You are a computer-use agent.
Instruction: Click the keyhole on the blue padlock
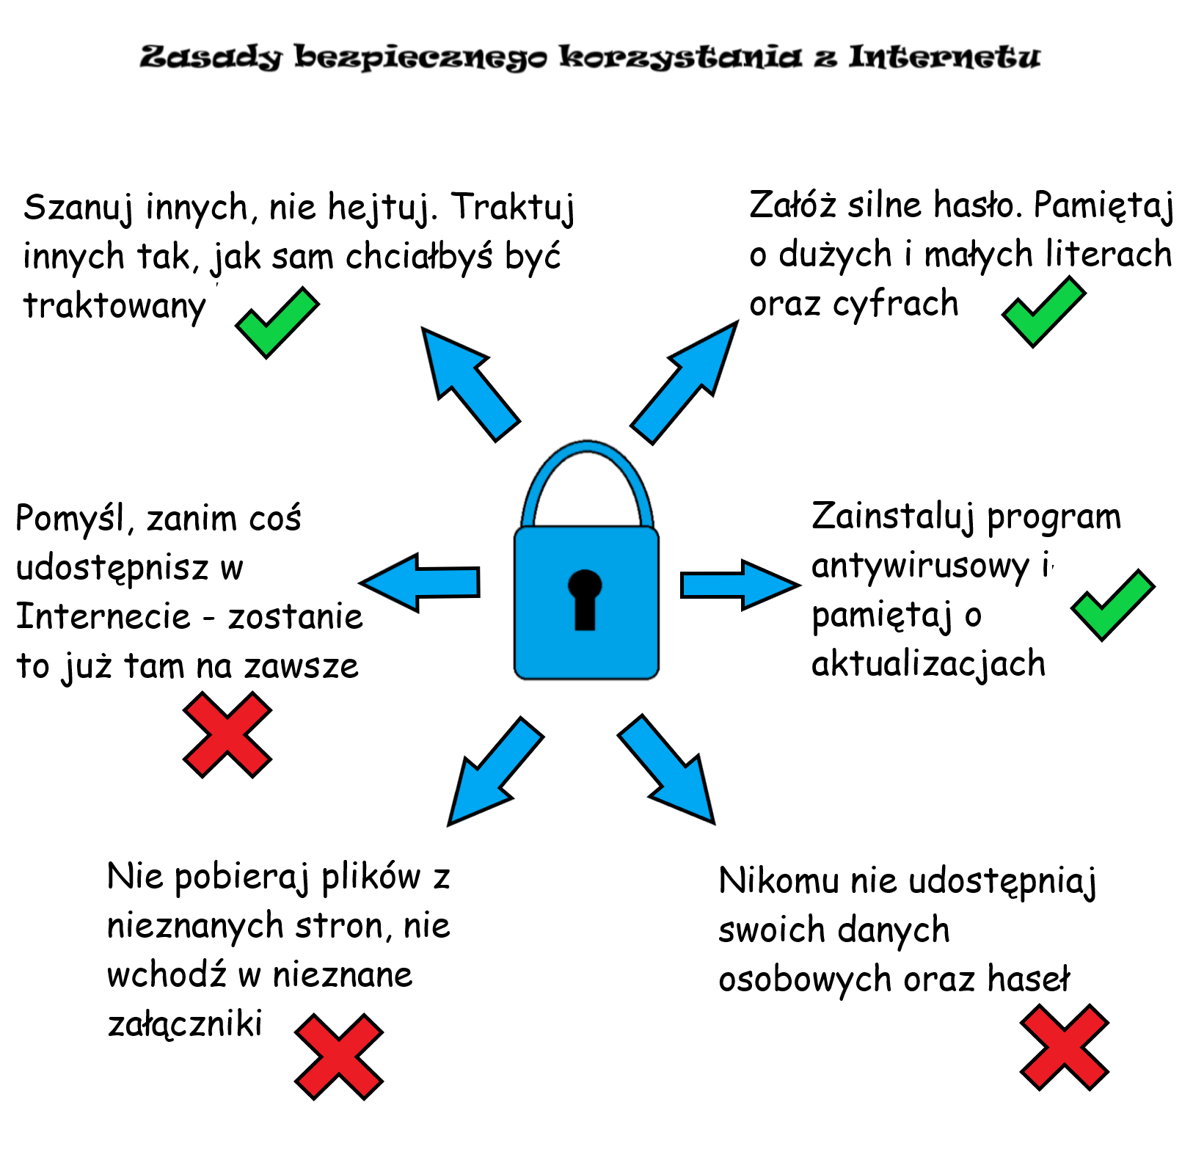pyautogui.click(x=585, y=599)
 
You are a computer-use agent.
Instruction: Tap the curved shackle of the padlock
pyautogui.click(x=586, y=449)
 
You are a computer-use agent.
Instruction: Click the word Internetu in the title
pyautogui.click(x=944, y=57)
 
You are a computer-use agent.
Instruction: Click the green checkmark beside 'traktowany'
pyautogui.click(x=277, y=323)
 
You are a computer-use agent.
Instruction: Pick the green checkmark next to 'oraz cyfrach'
pyautogui.click(x=1044, y=311)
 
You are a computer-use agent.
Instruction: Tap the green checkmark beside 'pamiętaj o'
pyautogui.click(x=1113, y=605)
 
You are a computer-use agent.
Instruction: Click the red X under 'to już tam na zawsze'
pyautogui.click(x=227, y=735)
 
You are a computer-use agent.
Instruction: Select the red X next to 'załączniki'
pyautogui.click(x=339, y=1057)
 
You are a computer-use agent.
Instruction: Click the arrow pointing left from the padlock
pyautogui.click(x=420, y=583)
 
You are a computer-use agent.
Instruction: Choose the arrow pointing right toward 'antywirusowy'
pyautogui.click(x=740, y=585)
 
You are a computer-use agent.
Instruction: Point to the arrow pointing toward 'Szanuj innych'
pyautogui.click(x=470, y=383)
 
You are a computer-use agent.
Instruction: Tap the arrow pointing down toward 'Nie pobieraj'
pyautogui.click(x=495, y=772)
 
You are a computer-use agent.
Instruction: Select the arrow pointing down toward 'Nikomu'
pyautogui.click(x=666, y=769)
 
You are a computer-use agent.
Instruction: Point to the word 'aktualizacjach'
pyautogui.click(x=928, y=665)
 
